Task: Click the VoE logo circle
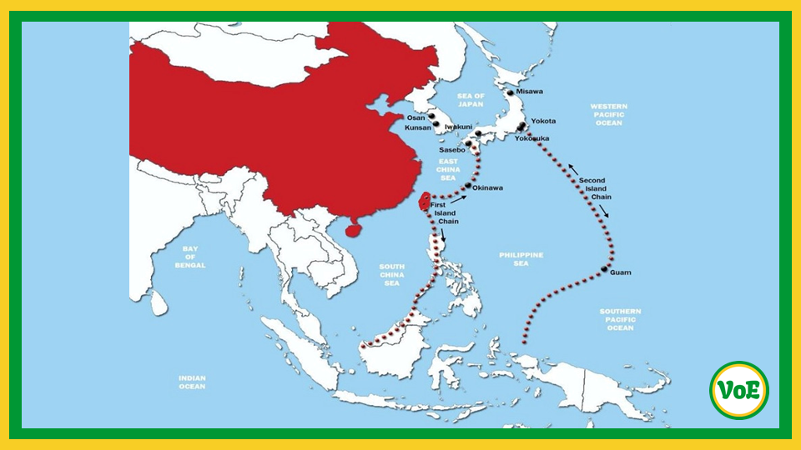point(739,390)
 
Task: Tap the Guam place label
point(621,272)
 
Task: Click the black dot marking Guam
point(603,268)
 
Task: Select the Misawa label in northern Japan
point(529,92)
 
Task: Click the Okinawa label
point(487,188)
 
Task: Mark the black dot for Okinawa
point(468,186)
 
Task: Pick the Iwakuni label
point(458,127)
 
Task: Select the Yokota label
point(543,122)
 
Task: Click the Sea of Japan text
point(471,100)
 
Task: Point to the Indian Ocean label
point(192,382)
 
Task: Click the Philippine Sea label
point(521,258)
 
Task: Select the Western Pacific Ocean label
point(608,115)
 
